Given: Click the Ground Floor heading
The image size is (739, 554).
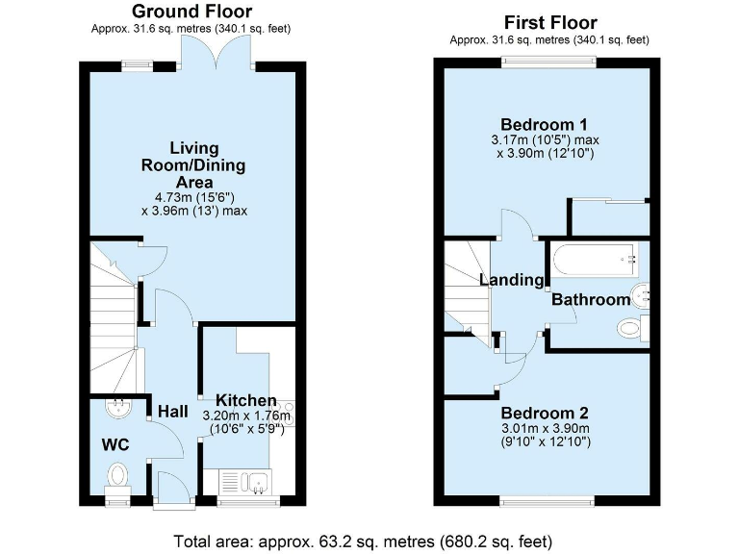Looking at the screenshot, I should point(191,12).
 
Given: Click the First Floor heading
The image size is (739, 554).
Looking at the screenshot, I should point(550,22).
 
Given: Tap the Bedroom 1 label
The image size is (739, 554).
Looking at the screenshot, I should point(545,125).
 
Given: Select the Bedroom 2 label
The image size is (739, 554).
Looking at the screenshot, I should point(545,413).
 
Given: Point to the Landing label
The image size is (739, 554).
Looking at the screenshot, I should point(512,280).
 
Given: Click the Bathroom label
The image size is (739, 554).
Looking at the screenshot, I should point(590,300).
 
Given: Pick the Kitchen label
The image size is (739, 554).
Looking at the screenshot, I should point(246,400).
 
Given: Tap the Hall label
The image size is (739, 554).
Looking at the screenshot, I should point(172,412).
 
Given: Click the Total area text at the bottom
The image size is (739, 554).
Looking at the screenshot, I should point(363,540).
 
